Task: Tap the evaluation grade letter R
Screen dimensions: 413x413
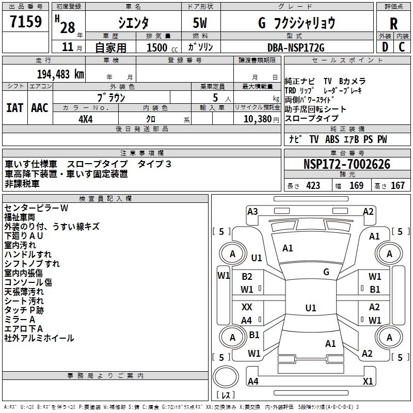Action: pos(393,23)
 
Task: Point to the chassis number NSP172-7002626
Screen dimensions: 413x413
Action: pos(347,164)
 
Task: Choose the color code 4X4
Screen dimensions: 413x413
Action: pos(85,118)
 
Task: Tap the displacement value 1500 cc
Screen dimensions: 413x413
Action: pos(157,47)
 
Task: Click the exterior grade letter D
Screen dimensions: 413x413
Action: pos(384,47)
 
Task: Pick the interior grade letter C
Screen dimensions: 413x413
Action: pos(402,47)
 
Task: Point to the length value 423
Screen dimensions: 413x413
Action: pos(313,186)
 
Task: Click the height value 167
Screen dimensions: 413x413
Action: pos(398,186)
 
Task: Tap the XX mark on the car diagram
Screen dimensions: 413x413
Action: pos(247,307)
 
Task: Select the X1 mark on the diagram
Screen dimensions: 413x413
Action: pos(368,382)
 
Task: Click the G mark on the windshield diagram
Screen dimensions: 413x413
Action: pos(326,272)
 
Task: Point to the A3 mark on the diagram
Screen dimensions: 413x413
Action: pos(252,211)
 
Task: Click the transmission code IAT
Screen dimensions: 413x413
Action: pos(14,107)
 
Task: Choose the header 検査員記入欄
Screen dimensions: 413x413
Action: pos(105,198)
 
